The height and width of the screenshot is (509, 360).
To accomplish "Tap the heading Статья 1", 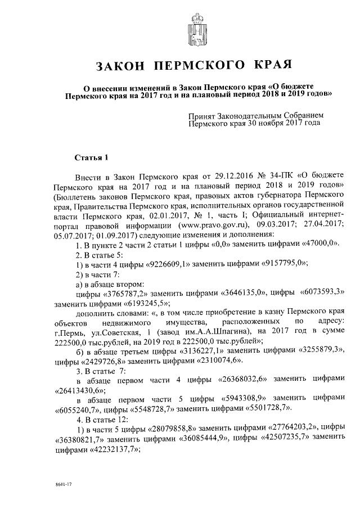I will coord(91,156).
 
